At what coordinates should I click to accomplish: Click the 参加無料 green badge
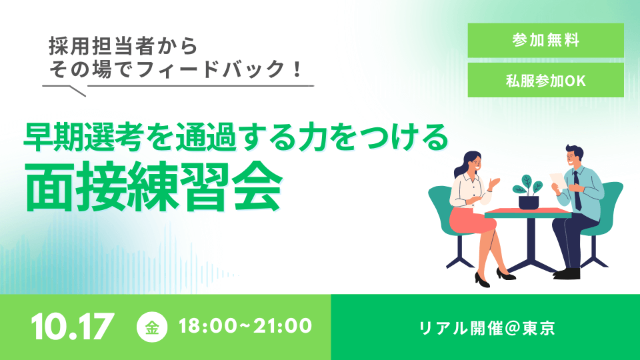click(x=545, y=41)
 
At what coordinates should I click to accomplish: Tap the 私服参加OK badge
click(x=545, y=80)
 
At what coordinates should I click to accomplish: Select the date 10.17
click(x=73, y=327)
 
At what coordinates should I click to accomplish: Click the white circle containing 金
click(x=152, y=327)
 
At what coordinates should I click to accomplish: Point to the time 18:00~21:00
click(x=245, y=326)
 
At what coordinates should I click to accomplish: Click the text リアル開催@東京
click(x=487, y=328)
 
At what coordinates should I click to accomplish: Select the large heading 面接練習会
click(x=153, y=187)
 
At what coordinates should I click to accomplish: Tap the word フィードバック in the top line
click(x=211, y=69)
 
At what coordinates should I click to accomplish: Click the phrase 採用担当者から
click(x=123, y=46)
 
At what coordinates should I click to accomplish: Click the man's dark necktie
click(x=577, y=190)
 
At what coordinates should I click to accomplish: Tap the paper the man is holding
click(x=558, y=181)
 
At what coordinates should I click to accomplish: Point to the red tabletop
click(x=528, y=213)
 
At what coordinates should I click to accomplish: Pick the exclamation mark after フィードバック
click(x=297, y=69)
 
